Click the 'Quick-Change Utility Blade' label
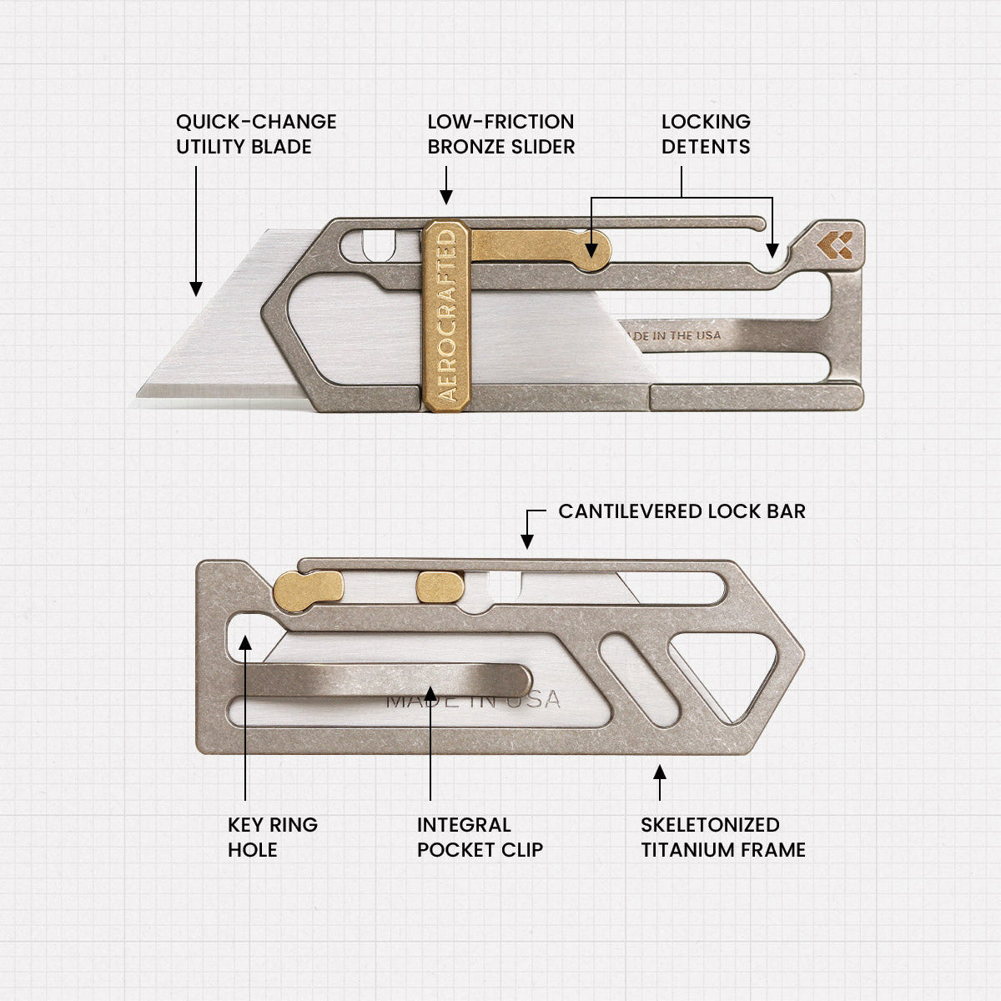click(x=255, y=134)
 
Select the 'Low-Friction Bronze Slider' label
click(x=500, y=134)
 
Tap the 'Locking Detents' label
click(x=706, y=134)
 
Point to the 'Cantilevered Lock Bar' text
click(x=682, y=511)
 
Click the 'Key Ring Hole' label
click(x=273, y=837)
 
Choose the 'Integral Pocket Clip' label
click(x=480, y=837)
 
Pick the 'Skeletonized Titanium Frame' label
click(x=722, y=837)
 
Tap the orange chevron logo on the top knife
click(x=835, y=244)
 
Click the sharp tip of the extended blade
click(x=142, y=392)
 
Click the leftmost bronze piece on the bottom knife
click(x=308, y=586)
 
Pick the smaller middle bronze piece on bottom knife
click(x=440, y=586)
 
